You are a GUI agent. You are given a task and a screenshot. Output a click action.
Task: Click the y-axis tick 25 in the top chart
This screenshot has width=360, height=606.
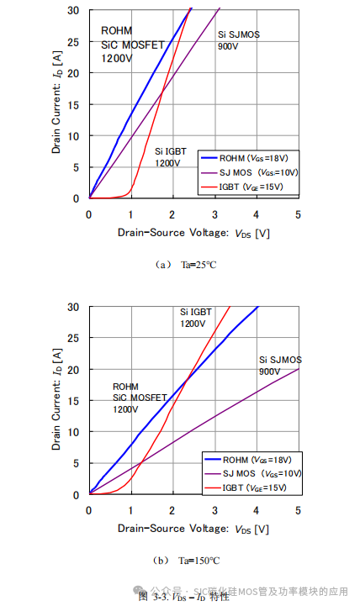74,41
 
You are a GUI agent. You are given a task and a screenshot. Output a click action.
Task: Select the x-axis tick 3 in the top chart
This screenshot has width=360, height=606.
214,214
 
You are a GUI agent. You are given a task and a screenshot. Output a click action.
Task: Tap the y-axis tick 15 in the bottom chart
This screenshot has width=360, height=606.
74,401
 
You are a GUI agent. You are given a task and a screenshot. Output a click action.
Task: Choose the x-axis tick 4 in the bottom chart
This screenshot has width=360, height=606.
257,511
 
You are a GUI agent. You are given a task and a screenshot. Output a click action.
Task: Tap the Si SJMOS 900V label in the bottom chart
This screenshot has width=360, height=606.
280,365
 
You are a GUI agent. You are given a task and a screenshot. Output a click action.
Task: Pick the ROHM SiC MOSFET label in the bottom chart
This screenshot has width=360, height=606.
140,397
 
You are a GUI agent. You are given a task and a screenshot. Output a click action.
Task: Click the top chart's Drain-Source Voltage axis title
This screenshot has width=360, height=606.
193,233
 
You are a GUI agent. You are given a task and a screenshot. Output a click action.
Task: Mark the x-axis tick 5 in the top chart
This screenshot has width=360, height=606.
299,214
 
